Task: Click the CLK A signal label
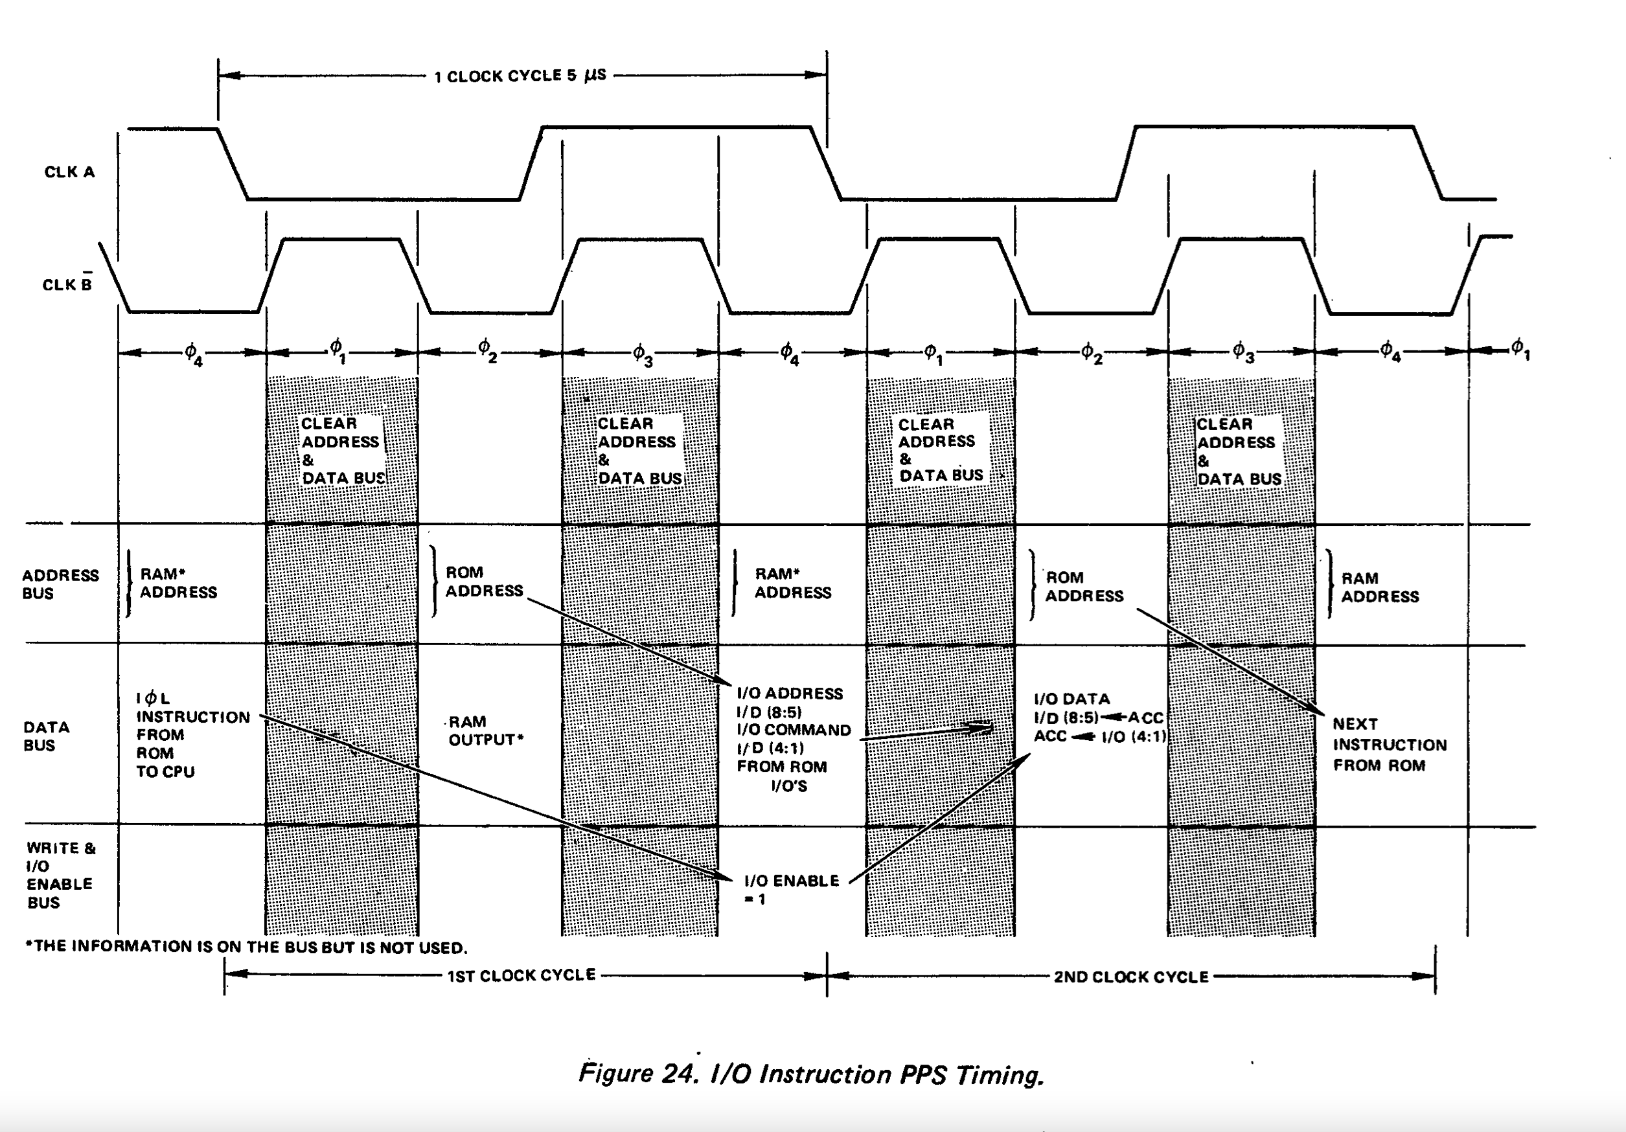click(69, 172)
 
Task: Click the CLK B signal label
click(67, 284)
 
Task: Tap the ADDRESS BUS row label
click(60, 584)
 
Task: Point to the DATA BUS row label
click(46, 736)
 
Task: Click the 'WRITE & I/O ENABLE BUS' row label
click(60, 875)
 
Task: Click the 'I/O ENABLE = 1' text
click(791, 889)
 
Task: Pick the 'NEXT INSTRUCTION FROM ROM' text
click(1389, 744)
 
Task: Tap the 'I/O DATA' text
click(1071, 699)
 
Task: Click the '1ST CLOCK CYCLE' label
click(521, 975)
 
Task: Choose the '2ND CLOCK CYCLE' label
click(1130, 977)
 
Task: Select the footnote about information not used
click(246, 947)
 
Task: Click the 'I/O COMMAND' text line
click(793, 730)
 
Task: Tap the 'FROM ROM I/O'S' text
click(782, 776)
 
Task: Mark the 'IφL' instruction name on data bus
click(153, 699)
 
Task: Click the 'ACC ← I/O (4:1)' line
click(1099, 736)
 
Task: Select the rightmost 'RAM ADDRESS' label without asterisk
click(1379, 587)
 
